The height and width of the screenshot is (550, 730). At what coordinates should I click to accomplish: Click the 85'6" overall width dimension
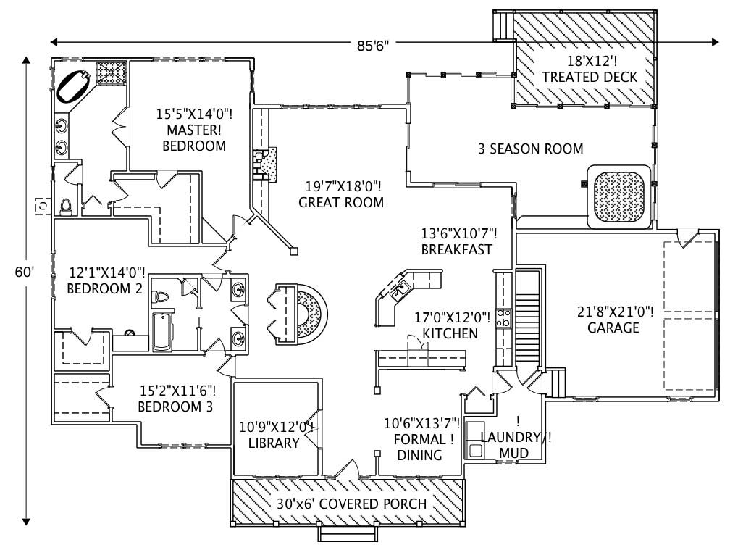tap(373, 43)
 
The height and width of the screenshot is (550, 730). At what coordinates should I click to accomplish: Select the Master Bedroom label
tap(193, 130)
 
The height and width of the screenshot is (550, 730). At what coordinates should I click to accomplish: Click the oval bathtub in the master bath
tap(75, 85)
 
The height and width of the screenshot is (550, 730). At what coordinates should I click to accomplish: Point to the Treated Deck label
tap(589, 69)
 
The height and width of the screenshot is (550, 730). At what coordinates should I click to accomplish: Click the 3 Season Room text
tap(530, 149)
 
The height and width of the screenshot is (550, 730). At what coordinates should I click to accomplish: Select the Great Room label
tap(341, 194)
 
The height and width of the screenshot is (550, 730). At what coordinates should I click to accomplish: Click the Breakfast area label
tap(458, 241)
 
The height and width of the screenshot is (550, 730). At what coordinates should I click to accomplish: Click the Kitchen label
tap(450, 325)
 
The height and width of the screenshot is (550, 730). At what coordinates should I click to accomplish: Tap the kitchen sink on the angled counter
tap(398, 292)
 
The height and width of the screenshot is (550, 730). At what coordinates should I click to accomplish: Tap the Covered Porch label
tap(351, 504)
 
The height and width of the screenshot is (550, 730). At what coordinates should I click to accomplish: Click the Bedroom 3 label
tap(176, 399)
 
